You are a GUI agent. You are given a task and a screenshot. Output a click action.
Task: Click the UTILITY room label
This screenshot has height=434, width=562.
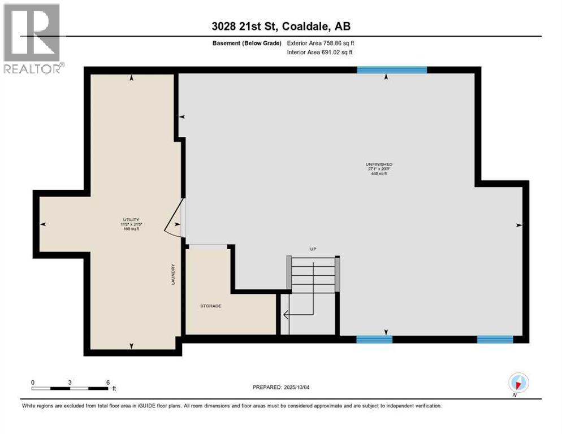(131, 219)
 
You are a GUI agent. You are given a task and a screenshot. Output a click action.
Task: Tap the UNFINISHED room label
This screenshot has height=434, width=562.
(379, 164)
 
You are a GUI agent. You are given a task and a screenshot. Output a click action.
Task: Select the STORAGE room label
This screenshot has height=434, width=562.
(210, 306)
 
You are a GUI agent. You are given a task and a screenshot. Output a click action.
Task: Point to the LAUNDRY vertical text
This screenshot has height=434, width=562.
(174, 274)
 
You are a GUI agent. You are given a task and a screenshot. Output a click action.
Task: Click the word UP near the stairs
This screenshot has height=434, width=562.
(313, 249)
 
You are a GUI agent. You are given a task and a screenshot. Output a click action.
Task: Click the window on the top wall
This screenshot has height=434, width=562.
(392, 70)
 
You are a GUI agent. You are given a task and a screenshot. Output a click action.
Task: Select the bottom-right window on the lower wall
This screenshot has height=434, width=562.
(495, 339)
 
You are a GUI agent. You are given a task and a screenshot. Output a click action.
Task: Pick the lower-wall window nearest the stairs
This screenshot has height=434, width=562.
(374, 339)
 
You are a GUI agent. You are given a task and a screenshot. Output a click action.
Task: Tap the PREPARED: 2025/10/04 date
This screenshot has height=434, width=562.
(282, 387)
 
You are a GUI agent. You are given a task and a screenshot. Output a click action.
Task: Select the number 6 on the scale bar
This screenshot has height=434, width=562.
(107, 382)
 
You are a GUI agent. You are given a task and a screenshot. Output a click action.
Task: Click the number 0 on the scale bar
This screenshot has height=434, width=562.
(33, 382)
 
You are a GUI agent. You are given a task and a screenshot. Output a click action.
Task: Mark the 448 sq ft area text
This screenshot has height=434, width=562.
(379, 173)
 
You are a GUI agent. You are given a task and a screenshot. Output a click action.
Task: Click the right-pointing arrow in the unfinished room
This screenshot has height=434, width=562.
(518, 225)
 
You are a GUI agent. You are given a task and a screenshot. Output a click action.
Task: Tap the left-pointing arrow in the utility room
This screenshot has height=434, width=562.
(43, 224)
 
